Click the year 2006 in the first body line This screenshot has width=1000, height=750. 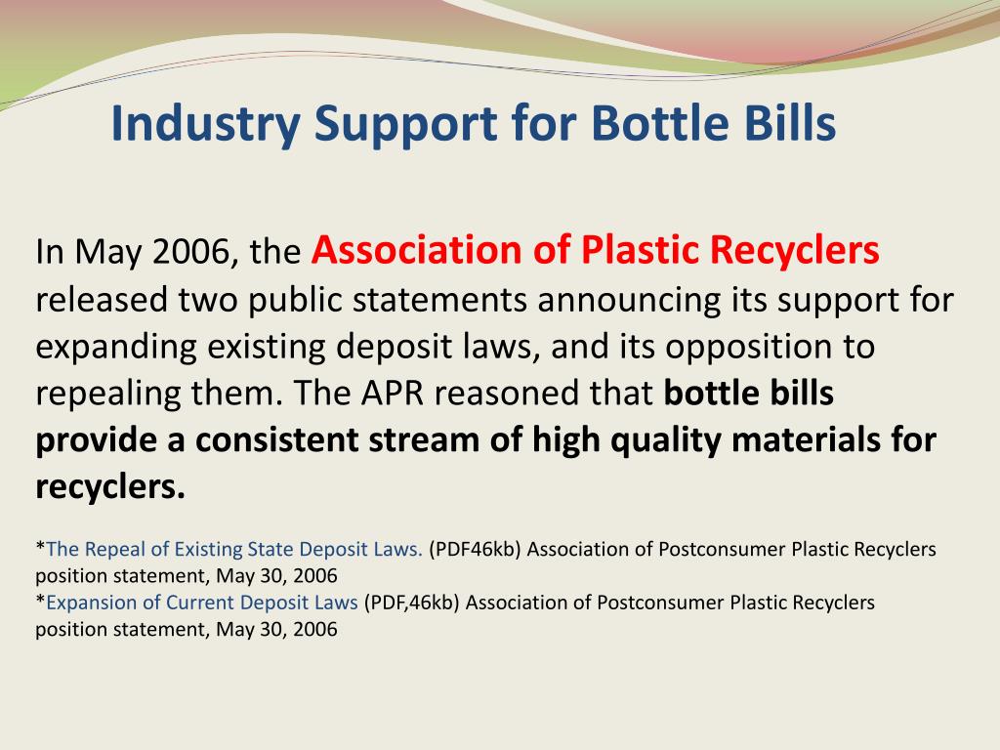tap(193, 253)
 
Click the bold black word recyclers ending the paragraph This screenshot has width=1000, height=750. tap(109, 487)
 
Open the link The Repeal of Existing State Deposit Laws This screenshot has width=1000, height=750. tap(234, 549)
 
